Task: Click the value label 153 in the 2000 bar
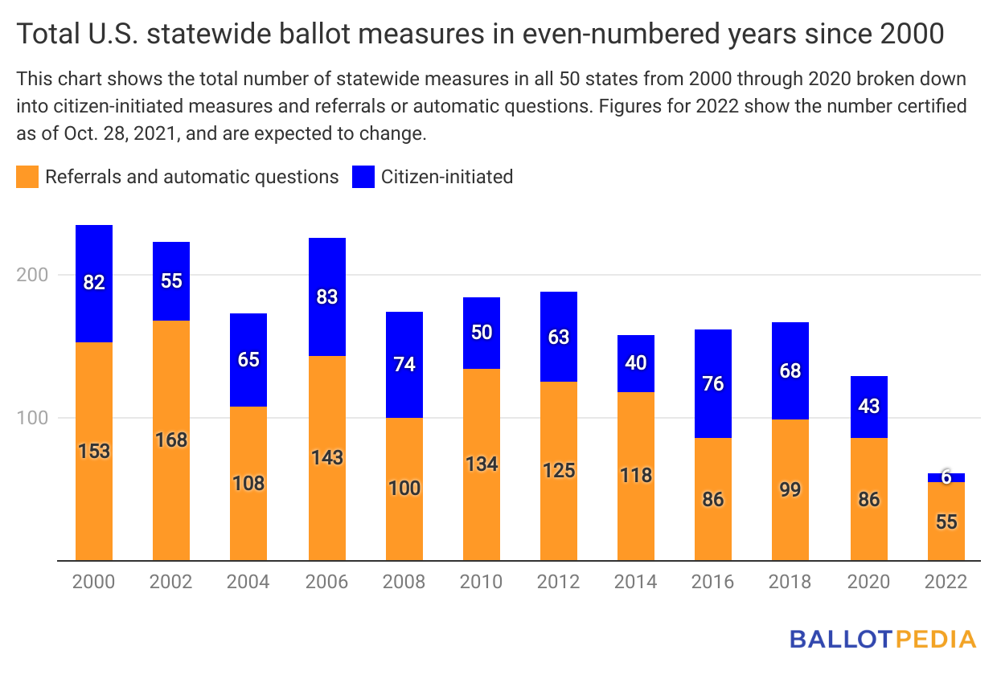pos(94,451)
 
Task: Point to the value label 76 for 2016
pos(713,383)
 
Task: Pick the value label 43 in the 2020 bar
pos(869,406)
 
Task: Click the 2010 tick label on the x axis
pos(481,582)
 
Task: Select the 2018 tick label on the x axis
pos(790,582)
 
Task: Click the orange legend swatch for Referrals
pos(27,177)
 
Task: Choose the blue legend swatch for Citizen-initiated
pos(363,177)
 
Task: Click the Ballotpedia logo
pos(882,640)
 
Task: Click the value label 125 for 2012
pos(559,469)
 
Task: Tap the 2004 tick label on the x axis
pos(249,582)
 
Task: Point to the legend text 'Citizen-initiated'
pos(447,177)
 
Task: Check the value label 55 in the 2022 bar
pos(946,522)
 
